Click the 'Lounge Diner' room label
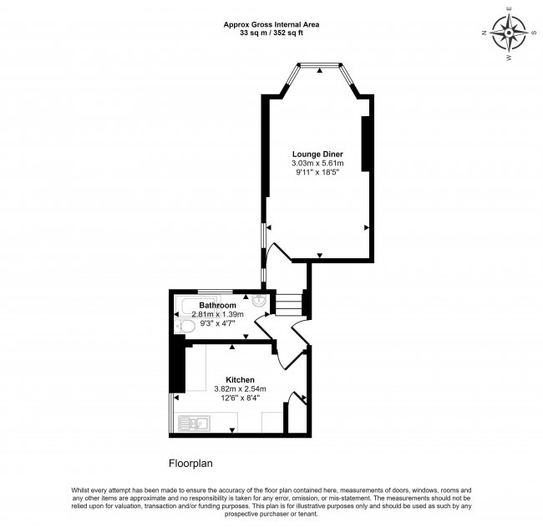coord(317,154)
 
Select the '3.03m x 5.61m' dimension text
coord(317,164)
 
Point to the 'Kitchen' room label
coord(240,378)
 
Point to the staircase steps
coord(288,303)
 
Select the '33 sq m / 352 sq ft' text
coord(271,34)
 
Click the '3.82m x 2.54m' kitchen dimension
coord(240,388)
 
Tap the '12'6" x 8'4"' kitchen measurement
coord(240,399)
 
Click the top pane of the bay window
coord(319,63)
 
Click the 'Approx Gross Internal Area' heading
coord(271,24)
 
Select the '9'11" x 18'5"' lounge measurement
coord(317,174)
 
